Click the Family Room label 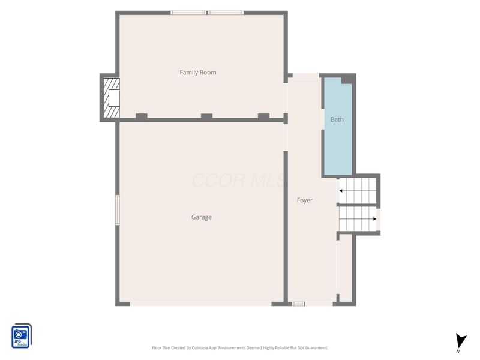[x=198, y=73]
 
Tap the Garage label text [x=202, y=217]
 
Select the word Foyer [x=305, y=200]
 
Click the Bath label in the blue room [x=337, y=119]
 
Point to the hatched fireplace [x=112, y=98]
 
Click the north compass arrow [x=461, y=341]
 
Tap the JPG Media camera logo [x=22, y=336]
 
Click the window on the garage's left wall [x=117, y=210]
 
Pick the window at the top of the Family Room [x=207, y=13]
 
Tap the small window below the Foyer [x=298, y=304]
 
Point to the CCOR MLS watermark [x=239, y=181]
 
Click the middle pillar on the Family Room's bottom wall [x=206, y=116]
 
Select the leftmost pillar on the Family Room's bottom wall [x=142, y=116]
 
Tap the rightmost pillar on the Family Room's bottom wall [x=263, y=116]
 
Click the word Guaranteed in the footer [x=317, y=348]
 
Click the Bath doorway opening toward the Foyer [x=323, y=119]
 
